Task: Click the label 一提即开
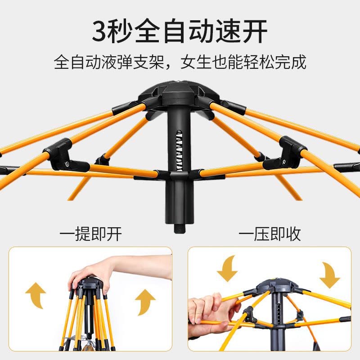click(90, 234)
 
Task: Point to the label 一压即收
click(270, 234)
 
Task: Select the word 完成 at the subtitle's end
click(292, 62)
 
